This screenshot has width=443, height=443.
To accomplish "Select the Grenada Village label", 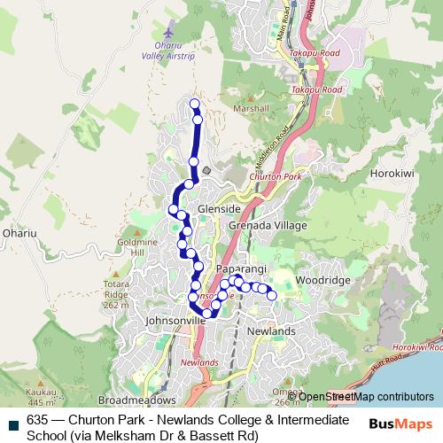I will coord(268,226).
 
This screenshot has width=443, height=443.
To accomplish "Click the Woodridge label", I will coord(323,280).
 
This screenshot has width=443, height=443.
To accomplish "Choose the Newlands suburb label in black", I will coord(271,330).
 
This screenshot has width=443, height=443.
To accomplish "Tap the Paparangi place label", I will coord(235,267).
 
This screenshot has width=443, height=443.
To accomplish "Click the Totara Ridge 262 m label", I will coord(116,293).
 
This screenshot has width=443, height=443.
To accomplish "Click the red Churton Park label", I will coord(272,177).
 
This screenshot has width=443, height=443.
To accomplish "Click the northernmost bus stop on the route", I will coord(195,105).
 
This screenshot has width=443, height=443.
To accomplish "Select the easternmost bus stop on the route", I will coord(272,295).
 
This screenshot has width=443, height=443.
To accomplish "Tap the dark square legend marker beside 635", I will coord(12,415).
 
